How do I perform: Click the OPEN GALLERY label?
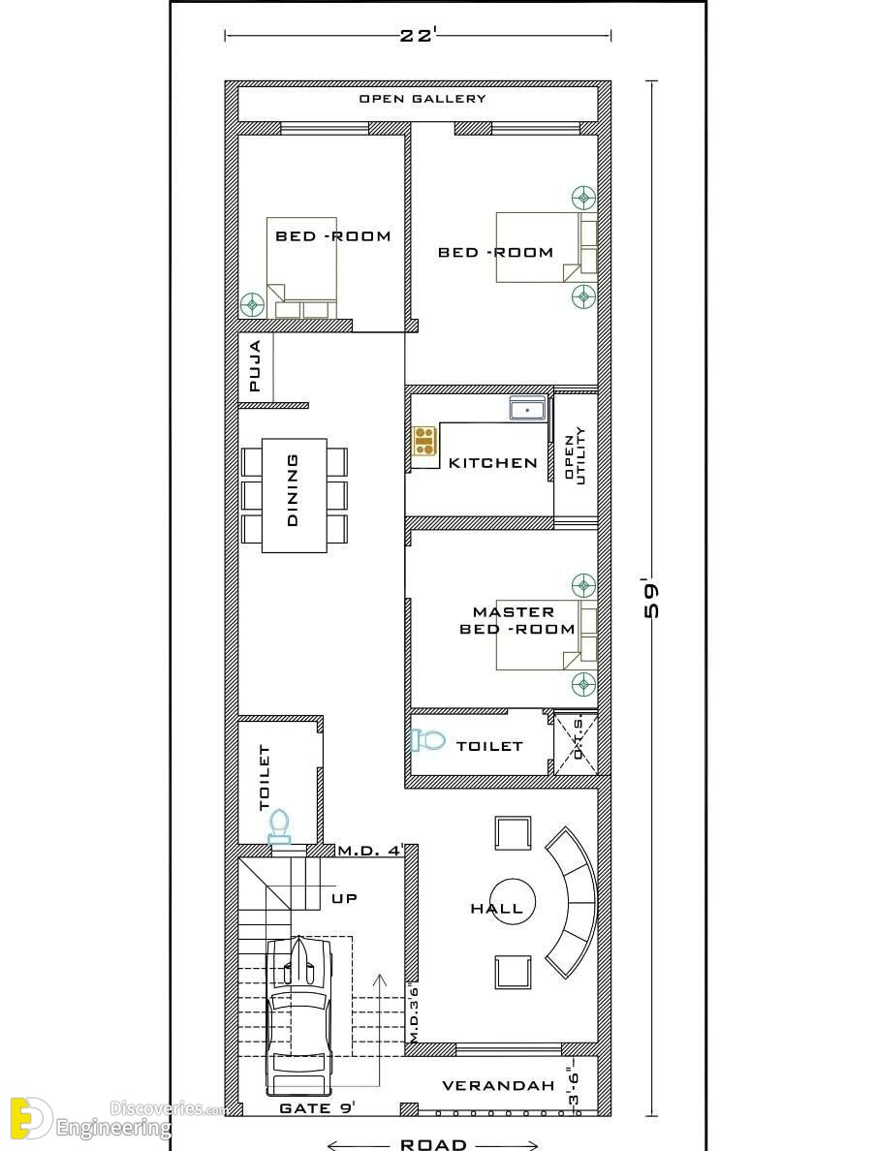pyautogui.click(x=422, y=99)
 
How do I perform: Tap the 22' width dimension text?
pyautogui.click(x=418, y=35)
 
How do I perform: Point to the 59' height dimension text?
pyautogui.click(x=650, y=600)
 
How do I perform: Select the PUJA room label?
pyautogui.click(x=255, y=365)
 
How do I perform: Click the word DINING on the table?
pyautogui.click(x=293, y=489)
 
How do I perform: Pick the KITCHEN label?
pyautogui.click(x=492, y=462)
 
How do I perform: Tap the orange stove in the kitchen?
pyautogui.click(x=424, y=441)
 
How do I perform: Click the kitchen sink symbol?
pyautogui.click(x=528, y=408)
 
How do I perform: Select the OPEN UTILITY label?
pyautogui.click(x=575, y=459)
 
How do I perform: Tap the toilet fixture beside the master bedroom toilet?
pyautogui.click(x=427, y=740)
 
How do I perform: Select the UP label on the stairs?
pyautogui.click(x=344, y=898)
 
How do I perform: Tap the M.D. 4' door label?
pyautogui.click(x=371, y=851)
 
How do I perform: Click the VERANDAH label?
pyautogui.click(x=498, y=1086)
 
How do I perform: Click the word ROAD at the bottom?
pyautogui.click(x=433, y=1144)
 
